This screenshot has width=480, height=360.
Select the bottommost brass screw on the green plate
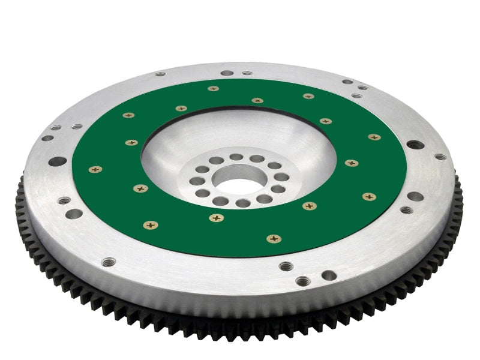[x=274, y=239]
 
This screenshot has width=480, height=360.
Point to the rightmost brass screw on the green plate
[x=374, y=137]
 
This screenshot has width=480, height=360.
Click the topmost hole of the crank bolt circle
[x=236, y=157]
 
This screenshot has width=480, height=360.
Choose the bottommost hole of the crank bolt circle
[x=243, y=203]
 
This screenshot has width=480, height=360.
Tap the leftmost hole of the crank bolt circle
[x=194, y=181]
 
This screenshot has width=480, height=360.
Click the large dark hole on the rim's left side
[x=58, y=161]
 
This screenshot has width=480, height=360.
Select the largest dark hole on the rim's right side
[x=415, y=145]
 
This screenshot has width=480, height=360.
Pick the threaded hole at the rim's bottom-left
[x=109, y=262]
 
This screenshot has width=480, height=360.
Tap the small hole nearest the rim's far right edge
[x=440, y=157]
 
